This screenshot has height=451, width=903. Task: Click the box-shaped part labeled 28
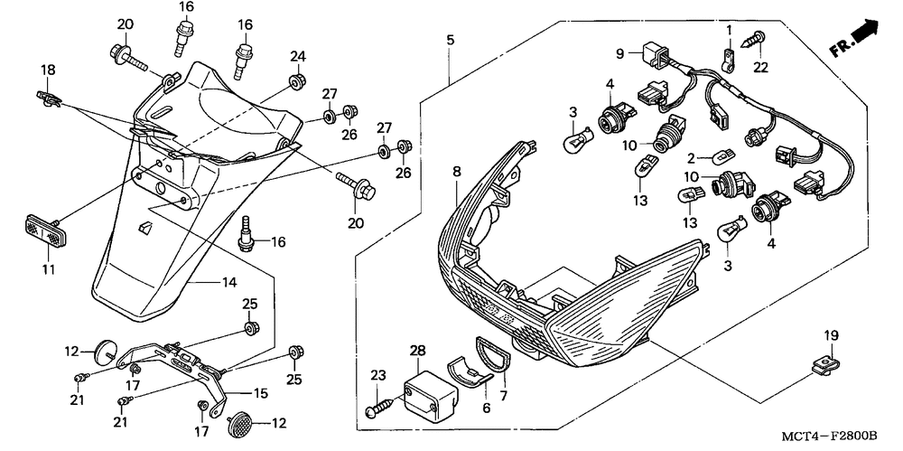[x=432, y=389]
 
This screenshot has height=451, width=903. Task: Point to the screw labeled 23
[x=381, y=407]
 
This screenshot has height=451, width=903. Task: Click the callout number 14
[x=229, y=282]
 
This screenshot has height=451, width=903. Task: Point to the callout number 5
[x=450, y=40]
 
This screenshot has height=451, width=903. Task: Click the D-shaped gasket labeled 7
[x=494, y=352]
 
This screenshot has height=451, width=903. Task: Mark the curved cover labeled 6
[x=469, y=373]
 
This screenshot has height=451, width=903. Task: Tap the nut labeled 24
[x=297, y=80]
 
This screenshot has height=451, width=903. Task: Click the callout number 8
[x=457, y=172]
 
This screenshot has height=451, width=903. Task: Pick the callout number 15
[x=261, y=394]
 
